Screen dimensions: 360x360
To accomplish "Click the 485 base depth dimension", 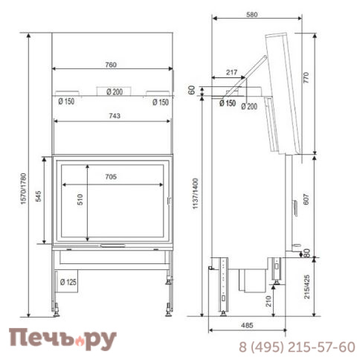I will [x=246, y=325].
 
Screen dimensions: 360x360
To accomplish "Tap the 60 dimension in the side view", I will [x=192, y=90].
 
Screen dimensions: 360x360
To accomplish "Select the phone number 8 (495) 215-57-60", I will [x=296, y=347].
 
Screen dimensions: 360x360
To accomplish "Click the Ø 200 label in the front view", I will [x=114, y=91].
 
